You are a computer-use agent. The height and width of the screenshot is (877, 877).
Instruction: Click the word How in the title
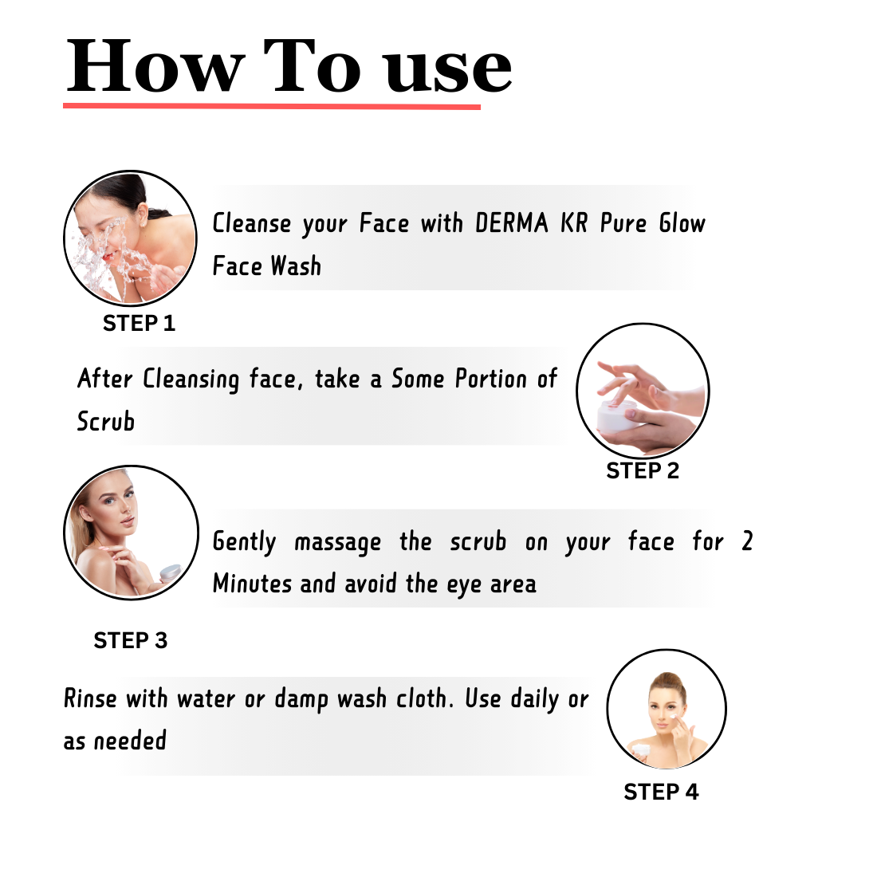155,66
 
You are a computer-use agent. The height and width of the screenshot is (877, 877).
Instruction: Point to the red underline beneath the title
272,106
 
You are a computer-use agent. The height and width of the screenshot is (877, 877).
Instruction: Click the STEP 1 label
139,323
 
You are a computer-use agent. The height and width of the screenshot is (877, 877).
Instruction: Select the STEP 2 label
643,471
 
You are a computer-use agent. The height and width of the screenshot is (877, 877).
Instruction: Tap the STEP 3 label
130,640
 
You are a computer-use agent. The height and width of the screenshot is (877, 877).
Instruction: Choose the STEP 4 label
661,792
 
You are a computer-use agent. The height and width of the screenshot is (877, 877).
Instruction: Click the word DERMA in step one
511,223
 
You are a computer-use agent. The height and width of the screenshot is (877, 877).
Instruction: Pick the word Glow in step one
682,223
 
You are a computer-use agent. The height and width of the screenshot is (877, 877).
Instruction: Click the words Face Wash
267,265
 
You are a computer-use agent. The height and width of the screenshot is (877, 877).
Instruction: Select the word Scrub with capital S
106,421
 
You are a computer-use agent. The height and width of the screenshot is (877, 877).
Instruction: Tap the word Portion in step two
491,379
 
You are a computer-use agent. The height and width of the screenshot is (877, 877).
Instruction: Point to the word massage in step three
338,542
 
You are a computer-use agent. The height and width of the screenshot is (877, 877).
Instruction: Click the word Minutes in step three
252,584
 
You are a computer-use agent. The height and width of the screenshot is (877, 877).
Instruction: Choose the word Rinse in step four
91,698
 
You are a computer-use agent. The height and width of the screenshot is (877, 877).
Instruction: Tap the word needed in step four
130,741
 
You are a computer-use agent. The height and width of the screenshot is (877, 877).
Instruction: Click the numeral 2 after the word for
747,541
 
